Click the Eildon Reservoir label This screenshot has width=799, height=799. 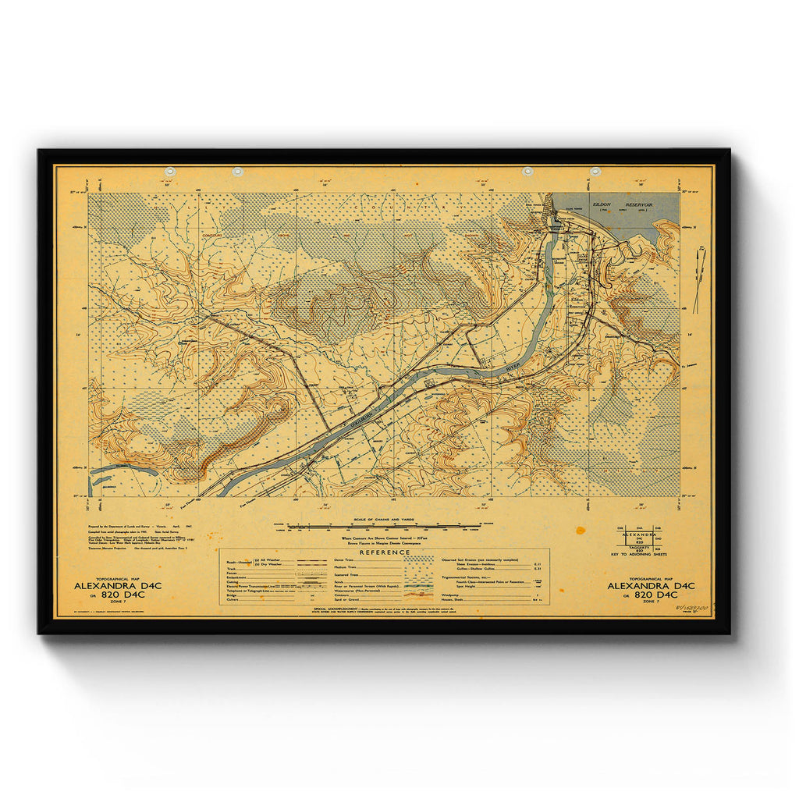pyautogui.click(x=616, y=204)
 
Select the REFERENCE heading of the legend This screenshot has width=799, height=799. pyautogui.click(x=384, y=552)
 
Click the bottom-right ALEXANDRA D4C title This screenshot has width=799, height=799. pyautogui.click(x=651, y=584)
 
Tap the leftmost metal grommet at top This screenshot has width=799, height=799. pyautogui.click(x=170, y=171)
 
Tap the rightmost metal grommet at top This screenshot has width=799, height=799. pyautogui.click(x=595, y=171)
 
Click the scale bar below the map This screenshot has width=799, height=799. pyautogui.click(x=383, y=527)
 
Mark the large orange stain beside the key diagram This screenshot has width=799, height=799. pyautogui.click(x=581, y=531)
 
